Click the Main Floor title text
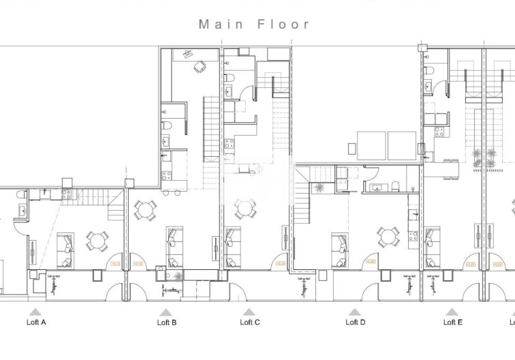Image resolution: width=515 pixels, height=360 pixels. [254, 25]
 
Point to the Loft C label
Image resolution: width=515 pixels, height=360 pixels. [249, 322]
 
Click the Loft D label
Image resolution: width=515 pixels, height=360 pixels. [355, 322]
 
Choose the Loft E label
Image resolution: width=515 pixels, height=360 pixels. [452, 322]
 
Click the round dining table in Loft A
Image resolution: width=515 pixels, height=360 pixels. [96, 240]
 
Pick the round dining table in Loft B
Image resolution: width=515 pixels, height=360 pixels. [145, 211]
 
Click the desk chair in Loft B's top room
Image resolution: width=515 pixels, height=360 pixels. [200, 67]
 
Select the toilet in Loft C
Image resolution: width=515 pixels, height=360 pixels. [229, 76]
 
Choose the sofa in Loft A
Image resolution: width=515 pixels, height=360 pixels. [64, 250]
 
